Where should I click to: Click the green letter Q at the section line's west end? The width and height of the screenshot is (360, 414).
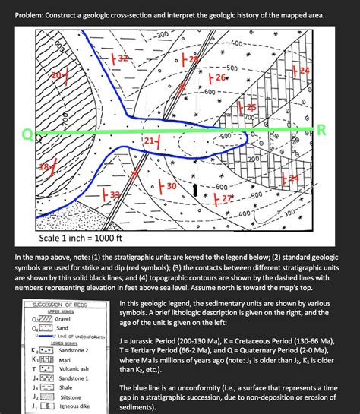27,135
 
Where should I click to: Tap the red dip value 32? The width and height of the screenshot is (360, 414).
124,58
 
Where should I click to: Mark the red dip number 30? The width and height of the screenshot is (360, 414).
172,186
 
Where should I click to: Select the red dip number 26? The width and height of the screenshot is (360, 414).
220,78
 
